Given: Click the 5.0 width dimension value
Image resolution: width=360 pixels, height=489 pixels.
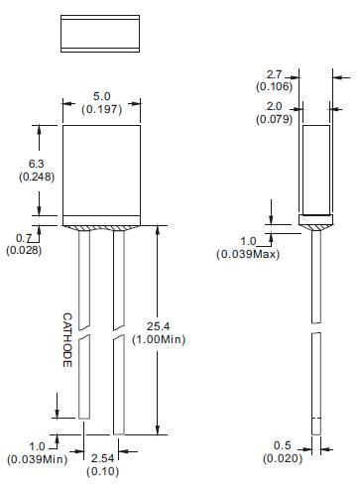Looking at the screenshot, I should pyautogui.click(x=100, y=95).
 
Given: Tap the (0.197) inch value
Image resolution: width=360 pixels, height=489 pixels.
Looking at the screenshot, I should pyautogui.click(x=100, y=108).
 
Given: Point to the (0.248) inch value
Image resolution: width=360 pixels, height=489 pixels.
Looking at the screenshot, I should pyautogui.click(x=35, y=177).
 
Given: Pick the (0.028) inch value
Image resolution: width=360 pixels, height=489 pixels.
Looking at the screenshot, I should pyautogui.click(x=24, y=250).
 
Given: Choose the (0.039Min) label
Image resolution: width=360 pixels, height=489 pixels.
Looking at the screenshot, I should pyautogui.click(x=37, y=459).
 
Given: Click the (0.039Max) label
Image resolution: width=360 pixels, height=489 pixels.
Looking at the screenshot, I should pyautogui.click(x=248, y=254).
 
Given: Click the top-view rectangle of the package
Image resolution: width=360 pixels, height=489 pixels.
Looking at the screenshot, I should pyautogui.click(x=100, y=34).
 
